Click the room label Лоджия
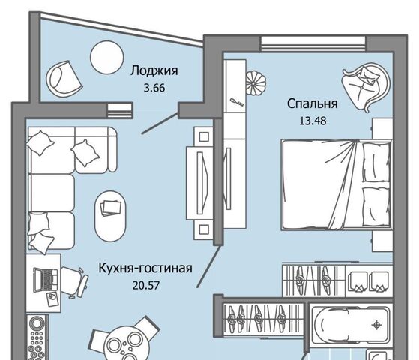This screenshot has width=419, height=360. pos(154,71)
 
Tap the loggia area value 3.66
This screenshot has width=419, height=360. pos(154,88)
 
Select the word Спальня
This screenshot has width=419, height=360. pos(313,103)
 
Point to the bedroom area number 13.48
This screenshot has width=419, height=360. pos(313,121)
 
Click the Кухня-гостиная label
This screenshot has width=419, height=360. pos(145,268)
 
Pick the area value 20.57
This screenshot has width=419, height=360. pos(146,286)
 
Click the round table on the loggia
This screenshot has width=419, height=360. pos(107,57)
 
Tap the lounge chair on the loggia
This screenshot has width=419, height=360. pos(64,78)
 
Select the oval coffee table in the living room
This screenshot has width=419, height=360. pos(110,216)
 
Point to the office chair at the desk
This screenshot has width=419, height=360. pos(74,282)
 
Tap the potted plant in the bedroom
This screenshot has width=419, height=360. pos(256,83)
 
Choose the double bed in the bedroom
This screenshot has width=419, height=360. pos(337,184)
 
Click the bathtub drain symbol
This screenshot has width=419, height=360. pos(376,325)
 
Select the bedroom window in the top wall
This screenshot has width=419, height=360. pos(313,43)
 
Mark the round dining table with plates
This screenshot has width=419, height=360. pos(124,346)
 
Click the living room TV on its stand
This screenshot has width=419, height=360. pos(202,183)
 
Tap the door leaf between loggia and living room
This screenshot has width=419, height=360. pos(160,123)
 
